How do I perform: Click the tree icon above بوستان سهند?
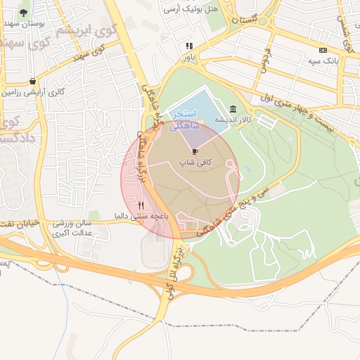(25, 13)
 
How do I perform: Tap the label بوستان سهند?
(25, 23)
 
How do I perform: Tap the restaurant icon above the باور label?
(188, 46)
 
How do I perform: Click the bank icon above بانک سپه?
(323, 50)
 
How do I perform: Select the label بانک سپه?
(323, 61)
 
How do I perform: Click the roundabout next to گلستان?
(264, 21)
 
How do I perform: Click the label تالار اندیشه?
(233, 120)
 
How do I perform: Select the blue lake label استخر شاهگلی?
(186, 119)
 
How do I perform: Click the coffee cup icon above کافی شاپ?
(194, 151)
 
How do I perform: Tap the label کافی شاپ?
(194, 162)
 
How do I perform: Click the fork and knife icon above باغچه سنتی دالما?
(141, 205)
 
